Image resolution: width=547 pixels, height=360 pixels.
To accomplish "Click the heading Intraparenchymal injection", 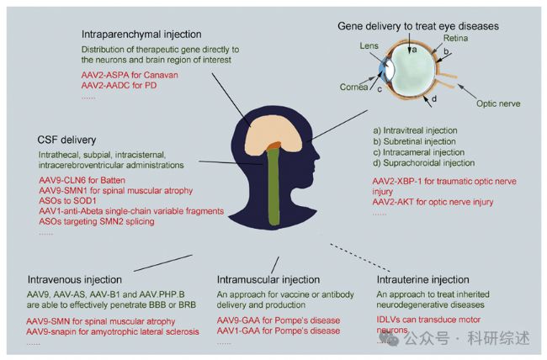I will point(141,34).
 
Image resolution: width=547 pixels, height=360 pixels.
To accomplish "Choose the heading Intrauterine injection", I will point(423,279).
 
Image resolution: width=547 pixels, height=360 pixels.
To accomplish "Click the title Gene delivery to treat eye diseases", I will point(418,26).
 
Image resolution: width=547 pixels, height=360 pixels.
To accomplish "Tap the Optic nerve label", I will point(497,103).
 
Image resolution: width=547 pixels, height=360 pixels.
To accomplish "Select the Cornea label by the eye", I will point(355,85).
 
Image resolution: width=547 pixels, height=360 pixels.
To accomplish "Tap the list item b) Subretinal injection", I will point(415,142).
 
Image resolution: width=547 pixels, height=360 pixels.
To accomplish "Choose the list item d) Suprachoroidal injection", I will point(422,163).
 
